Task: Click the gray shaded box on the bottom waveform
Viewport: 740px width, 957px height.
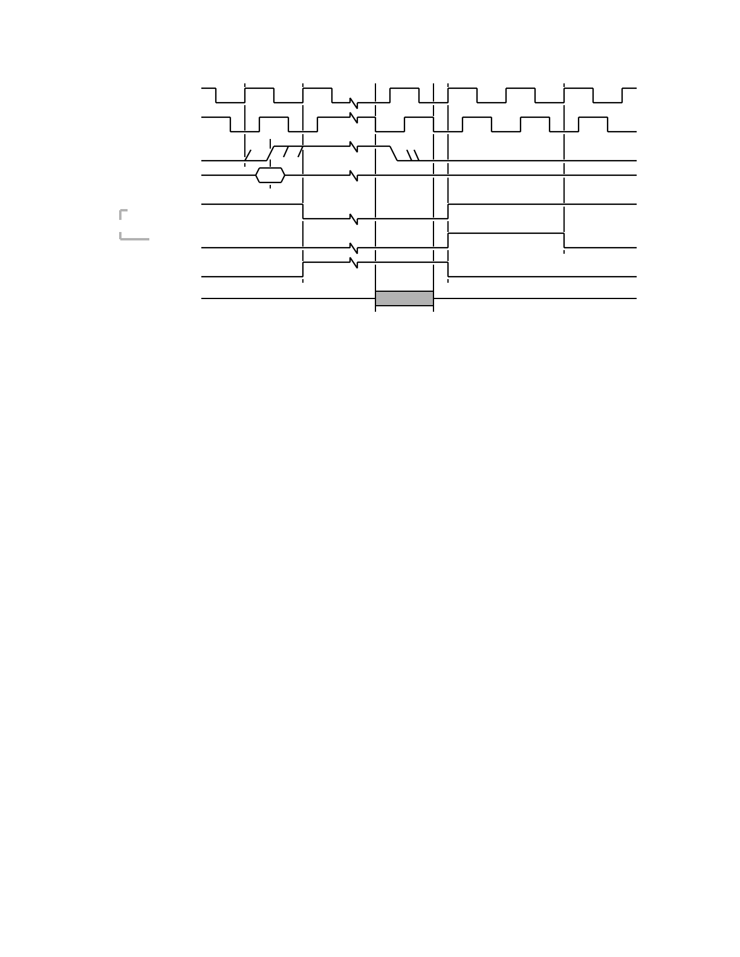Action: click(404, 298)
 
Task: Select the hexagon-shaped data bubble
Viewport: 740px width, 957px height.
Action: click(270, 175)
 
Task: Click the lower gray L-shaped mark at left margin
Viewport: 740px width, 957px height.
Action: click(134, 237)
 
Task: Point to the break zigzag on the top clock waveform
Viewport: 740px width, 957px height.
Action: click(354, 103)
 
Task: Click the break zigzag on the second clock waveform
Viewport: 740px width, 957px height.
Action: click(354, 117)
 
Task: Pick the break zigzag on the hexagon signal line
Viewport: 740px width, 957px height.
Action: click(354, 175)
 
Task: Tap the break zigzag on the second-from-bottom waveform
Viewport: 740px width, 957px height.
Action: click(354, 263)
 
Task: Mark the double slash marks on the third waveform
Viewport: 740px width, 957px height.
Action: click(412, 155)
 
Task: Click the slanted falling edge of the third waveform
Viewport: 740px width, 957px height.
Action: click(394, 153)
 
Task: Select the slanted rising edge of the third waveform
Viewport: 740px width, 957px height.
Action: click(270, 153)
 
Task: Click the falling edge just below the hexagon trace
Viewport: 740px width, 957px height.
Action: click(303, 211)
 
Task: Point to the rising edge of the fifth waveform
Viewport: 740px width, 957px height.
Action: click(448, 211)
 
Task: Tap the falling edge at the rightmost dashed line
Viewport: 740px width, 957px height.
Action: click(564, 240)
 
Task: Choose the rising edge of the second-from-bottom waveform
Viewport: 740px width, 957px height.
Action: click(303, 269)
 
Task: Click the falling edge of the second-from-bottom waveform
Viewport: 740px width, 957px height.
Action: click(448, 269)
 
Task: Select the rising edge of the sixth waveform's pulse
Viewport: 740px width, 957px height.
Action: click(448, 240)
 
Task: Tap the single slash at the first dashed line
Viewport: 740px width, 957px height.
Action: click(247, 155)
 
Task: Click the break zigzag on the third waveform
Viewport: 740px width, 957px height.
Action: click(354, 147)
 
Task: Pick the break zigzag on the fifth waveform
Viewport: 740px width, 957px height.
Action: click(354, 219)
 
